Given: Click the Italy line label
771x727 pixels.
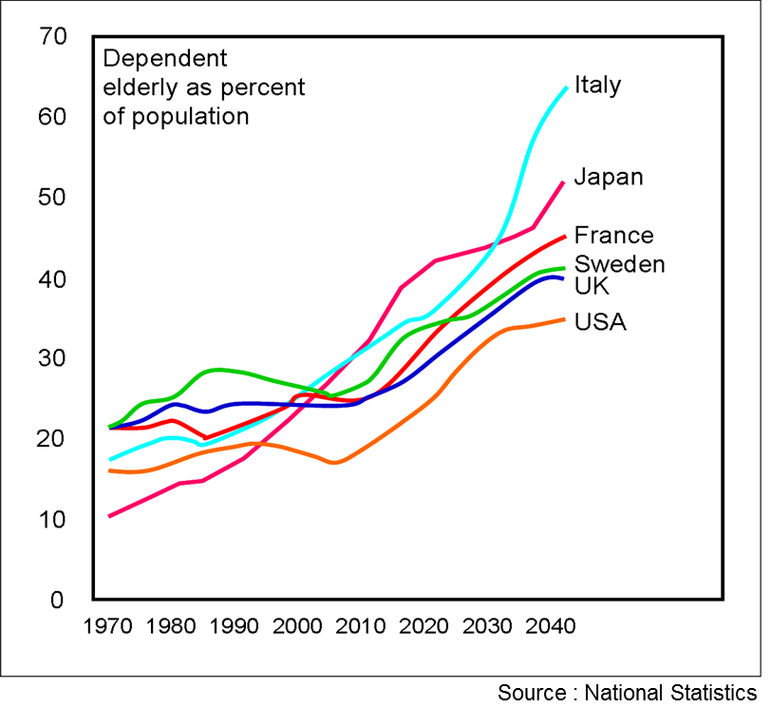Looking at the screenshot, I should pos(598,85).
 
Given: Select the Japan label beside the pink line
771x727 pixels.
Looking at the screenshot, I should pos(609,177).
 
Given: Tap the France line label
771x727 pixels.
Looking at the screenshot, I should pos(613,235).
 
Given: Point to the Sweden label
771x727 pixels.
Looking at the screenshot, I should pos(619,263).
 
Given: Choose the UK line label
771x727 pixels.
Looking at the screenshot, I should pos(592,286).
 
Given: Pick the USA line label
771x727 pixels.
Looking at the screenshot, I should pos(600,322).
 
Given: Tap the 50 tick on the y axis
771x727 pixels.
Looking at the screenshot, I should pos(53,198).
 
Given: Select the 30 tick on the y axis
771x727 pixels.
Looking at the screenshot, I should pos(53,358).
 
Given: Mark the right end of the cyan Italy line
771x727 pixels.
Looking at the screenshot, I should pos(567,87).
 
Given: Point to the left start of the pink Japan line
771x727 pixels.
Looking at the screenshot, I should pos(110,516).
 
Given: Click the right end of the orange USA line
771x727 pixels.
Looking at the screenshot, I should pos(565,319).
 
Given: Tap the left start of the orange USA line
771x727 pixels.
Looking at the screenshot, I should pos(110,470).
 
